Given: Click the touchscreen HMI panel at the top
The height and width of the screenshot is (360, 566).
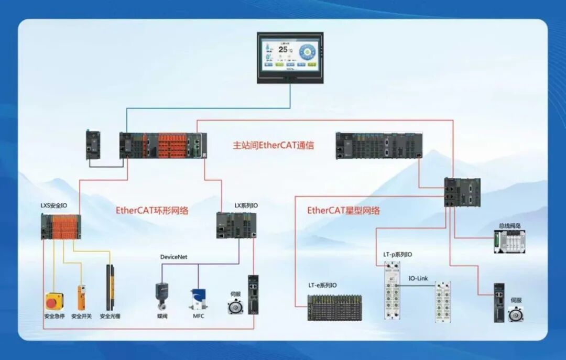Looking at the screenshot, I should coord(290,57).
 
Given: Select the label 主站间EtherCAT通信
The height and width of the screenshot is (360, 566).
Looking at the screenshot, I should coord(274,146).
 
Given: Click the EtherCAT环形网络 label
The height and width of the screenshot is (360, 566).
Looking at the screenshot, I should coord(152,211).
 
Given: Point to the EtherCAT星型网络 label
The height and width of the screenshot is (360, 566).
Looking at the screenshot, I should coord(343,211).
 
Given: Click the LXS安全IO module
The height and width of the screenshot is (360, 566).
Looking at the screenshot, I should coord(61,226).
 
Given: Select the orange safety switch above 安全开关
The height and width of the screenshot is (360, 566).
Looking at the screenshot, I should coord(81,297).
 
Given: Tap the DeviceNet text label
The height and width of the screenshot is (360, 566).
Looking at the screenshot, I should coord(173,257).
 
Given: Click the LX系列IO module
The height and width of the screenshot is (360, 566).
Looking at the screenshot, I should coord(237,225).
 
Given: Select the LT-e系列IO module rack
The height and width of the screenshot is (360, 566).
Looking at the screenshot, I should coord(334,307).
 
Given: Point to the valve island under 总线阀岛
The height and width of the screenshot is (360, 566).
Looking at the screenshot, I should coord(509,242).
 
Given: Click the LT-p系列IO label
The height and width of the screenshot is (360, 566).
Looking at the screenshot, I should coord(397,255).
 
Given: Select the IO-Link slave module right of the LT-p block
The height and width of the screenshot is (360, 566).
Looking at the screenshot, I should coord(442,301).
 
